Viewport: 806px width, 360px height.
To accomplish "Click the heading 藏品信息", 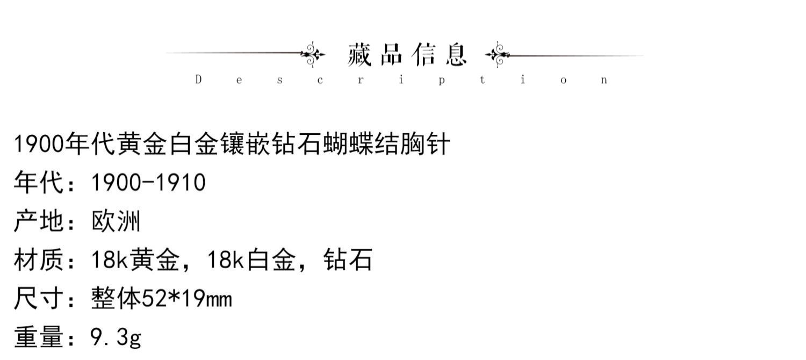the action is pyautogui.click(x=407, y=55).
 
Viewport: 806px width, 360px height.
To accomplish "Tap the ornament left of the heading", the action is pyautogui.click(x=313, y=54).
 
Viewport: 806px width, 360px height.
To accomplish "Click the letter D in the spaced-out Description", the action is pyautogui.click(x=198, y=80).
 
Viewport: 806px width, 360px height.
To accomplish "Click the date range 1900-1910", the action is pyautogui.click(x=148, y=183).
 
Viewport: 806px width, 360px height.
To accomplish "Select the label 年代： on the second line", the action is pyautogui.click(x=46, y=183).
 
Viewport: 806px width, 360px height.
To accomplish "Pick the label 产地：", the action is pyautogui.click(x=46, y=222).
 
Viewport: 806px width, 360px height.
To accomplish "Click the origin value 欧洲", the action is pyautogui.click(x=116, y=222).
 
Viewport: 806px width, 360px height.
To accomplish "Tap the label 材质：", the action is pyautogui.click(x=46, y=261).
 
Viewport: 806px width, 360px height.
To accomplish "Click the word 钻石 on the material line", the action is pyautogui.click(x=348, y=261).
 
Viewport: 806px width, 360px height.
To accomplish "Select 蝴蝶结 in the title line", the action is pyautogui.click(x=359, y=145).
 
